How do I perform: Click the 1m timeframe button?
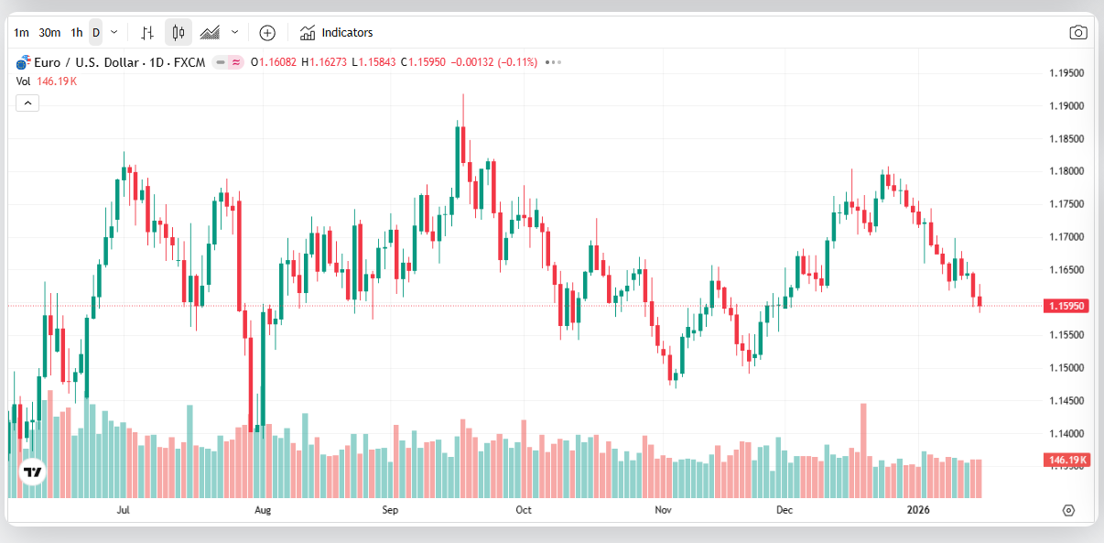(x=21, y=32)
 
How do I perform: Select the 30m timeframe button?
(x=49, y=32)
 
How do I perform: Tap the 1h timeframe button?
(x=76, y=32)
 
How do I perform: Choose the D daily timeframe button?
(x=96, y=32)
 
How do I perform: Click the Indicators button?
(x=337, y=32)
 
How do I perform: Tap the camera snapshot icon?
(x=1078, y=33)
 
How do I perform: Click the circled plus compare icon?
(x=267, y=33)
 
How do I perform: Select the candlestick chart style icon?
(x=179, y=33)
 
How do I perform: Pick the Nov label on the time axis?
(x=664, y=509)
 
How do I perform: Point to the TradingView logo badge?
(x=33, y=472)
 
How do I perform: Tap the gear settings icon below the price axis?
(x=1068, y=510)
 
